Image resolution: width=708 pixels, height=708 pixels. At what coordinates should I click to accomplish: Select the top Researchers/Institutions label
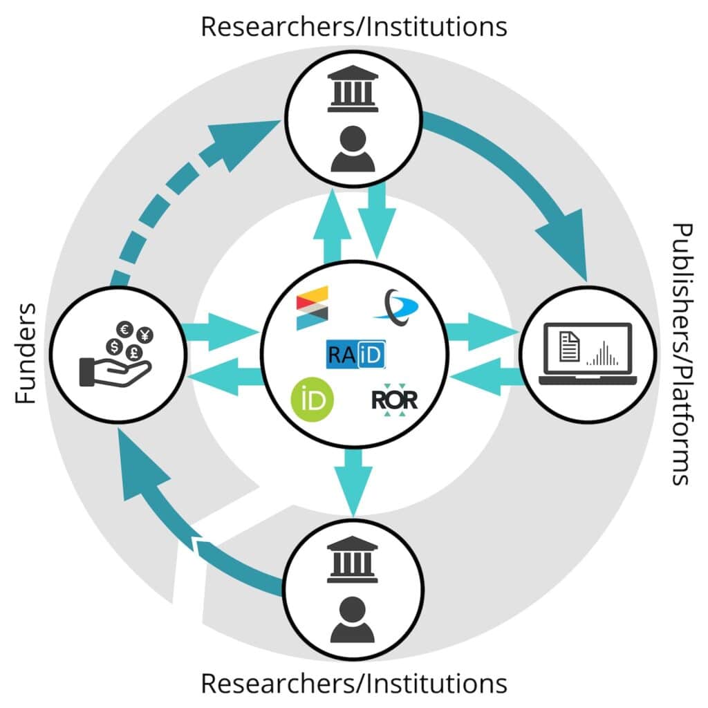pos(353,26)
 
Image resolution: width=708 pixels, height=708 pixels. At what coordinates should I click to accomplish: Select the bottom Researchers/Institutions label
pos(353,683)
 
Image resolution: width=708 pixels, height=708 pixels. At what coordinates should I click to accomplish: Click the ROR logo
pos(395,399)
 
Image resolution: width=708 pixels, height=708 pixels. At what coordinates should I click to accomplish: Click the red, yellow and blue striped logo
pos(312,307)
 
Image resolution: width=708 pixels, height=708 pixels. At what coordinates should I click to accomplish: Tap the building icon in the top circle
pos(353,89)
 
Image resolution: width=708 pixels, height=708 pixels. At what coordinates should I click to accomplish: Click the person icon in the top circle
pos(353,150)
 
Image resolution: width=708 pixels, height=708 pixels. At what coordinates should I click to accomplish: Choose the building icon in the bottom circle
pos(353,557)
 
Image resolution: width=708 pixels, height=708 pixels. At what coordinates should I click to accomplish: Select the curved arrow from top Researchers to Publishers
pos(525,180)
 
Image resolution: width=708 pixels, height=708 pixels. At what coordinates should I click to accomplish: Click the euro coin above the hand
pos(126,330)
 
